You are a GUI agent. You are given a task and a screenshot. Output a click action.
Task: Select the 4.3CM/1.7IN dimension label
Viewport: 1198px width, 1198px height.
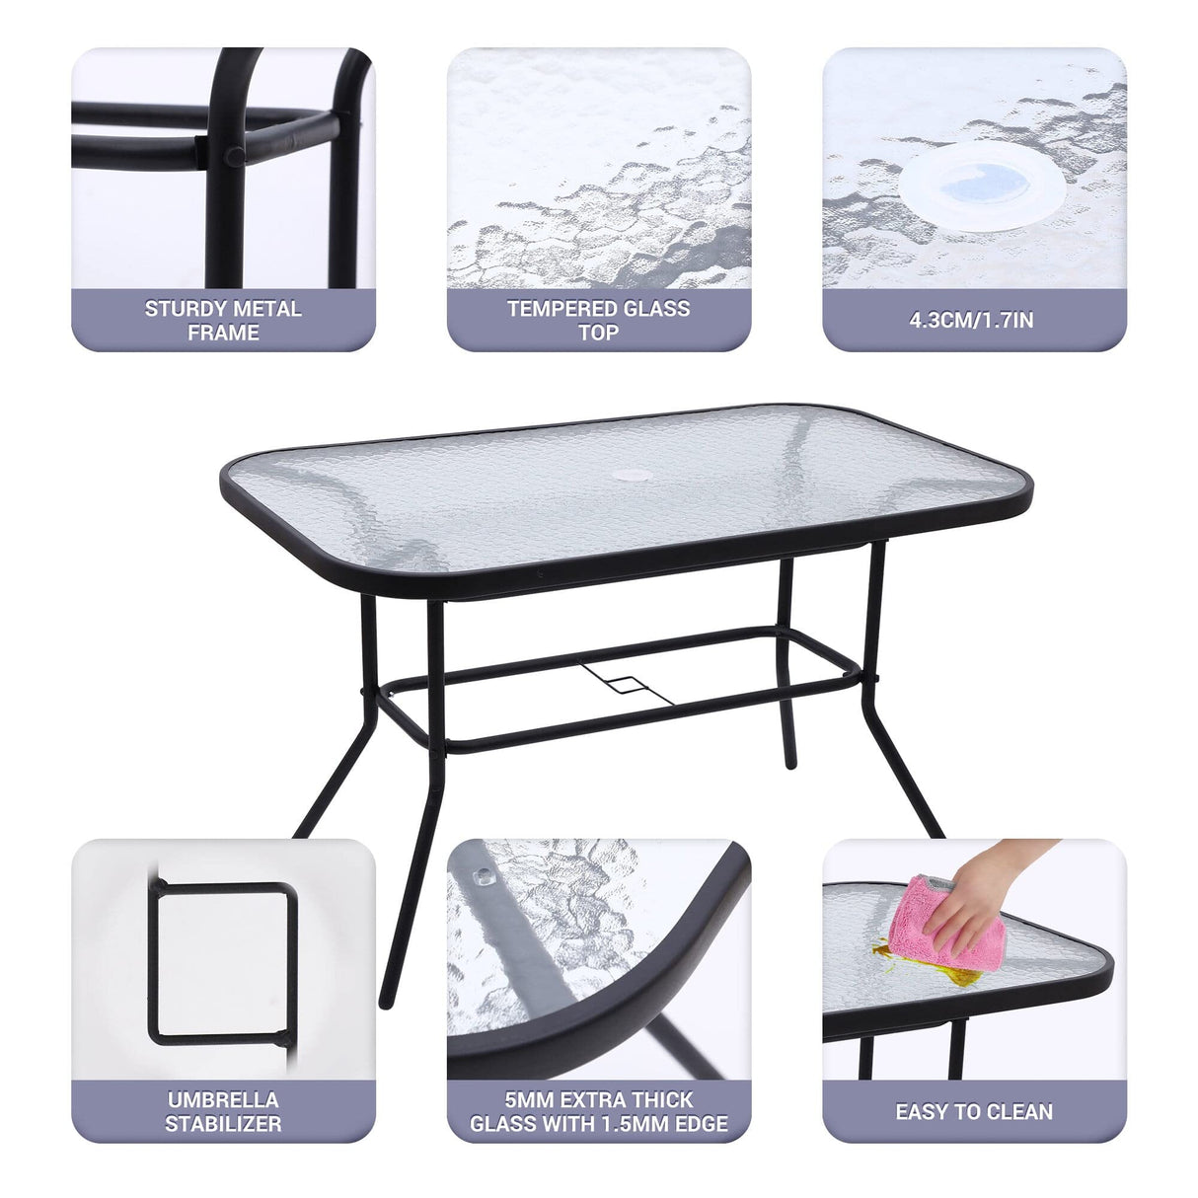click(x=973, y=320)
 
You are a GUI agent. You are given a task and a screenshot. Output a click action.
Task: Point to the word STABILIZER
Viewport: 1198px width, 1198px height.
click(x=223, y=1124)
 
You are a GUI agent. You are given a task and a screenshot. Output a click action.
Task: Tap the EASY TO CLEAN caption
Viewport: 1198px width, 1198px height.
click(x=973, y=1112)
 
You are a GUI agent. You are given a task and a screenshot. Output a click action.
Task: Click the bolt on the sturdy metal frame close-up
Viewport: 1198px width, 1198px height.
click(x=236, y=156)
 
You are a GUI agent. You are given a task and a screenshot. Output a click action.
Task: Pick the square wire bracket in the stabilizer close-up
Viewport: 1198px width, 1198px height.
click(x=224, y=962)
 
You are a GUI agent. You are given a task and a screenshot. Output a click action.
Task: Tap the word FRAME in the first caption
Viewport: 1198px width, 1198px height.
click(x=223, y=334)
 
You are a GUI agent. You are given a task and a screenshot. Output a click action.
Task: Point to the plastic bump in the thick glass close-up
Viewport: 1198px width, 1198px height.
click(x=483, y=874)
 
